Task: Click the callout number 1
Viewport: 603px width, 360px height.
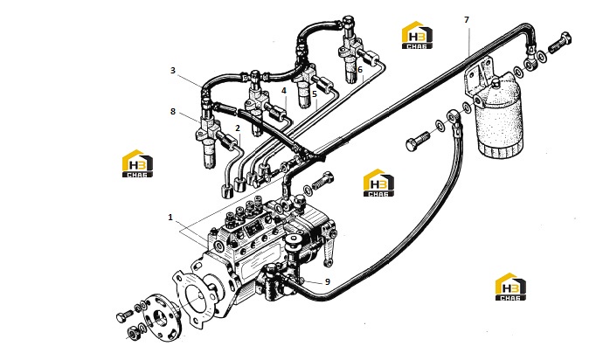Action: tap(170, 218)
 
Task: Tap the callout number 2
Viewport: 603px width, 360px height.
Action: tap(238, 128)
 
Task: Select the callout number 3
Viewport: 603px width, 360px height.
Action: tap(173, 71)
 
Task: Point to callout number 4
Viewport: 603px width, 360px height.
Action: tap(284, 91)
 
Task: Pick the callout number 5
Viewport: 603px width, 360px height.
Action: tap(315, 93)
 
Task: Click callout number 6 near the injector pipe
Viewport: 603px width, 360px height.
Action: tap(360, 70)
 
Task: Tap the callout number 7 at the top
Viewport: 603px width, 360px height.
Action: tap(467, 19)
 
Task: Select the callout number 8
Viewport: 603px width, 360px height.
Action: tap(173, 112)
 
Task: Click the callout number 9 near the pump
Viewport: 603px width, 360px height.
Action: tap(328, 282)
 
